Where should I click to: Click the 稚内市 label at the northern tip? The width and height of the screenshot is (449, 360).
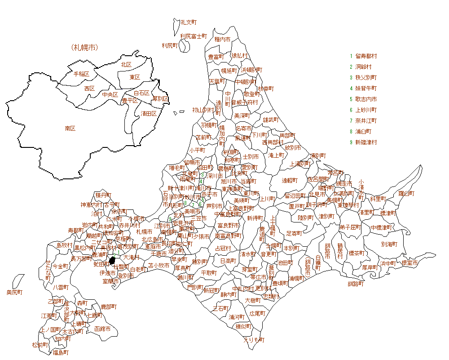tap(222, 40)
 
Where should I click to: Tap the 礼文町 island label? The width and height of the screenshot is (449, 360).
tap(189, 22)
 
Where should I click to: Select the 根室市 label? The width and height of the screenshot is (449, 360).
tap(409, 263)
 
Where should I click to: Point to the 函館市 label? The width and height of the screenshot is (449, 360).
tap(103, 329)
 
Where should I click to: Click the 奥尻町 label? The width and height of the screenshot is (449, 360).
tap(14, 293)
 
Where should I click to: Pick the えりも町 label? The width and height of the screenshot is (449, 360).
tap(254, 340)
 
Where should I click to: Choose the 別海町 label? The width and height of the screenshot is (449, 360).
tap(389, 244)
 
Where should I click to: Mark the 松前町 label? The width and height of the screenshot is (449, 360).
tap(40, 345)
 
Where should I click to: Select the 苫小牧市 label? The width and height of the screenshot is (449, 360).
tap(159, 266)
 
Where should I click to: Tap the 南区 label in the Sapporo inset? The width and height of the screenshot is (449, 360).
tap(70, 128)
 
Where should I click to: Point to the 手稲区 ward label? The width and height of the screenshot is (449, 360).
tap(82, 74)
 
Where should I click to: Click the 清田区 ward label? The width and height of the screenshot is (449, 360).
tap(149, 113)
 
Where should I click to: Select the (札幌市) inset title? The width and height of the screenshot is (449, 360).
tap(84, 47)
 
